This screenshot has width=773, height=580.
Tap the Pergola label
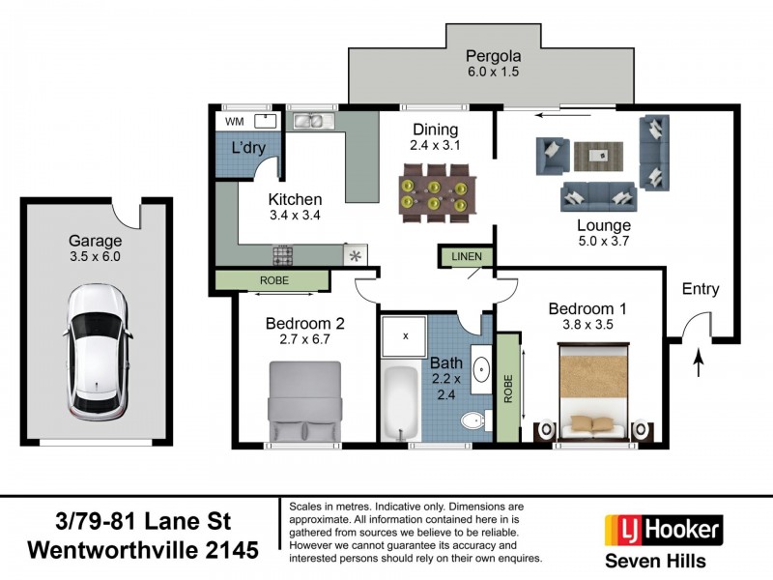(x=494, y=55)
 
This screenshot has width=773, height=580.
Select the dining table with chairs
(x=437, y=187)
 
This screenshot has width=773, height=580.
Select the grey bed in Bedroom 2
(x=304, y=401)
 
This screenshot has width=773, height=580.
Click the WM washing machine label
(x=234, y=122)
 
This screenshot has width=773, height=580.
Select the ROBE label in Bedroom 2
(x=272, y=279)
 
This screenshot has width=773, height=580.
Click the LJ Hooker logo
(x=663, y=529)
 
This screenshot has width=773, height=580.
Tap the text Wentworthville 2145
(x=144, y=550)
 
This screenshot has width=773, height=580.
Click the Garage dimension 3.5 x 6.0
(x=95, y=258)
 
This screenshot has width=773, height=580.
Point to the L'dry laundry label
(x=249, y=149)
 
